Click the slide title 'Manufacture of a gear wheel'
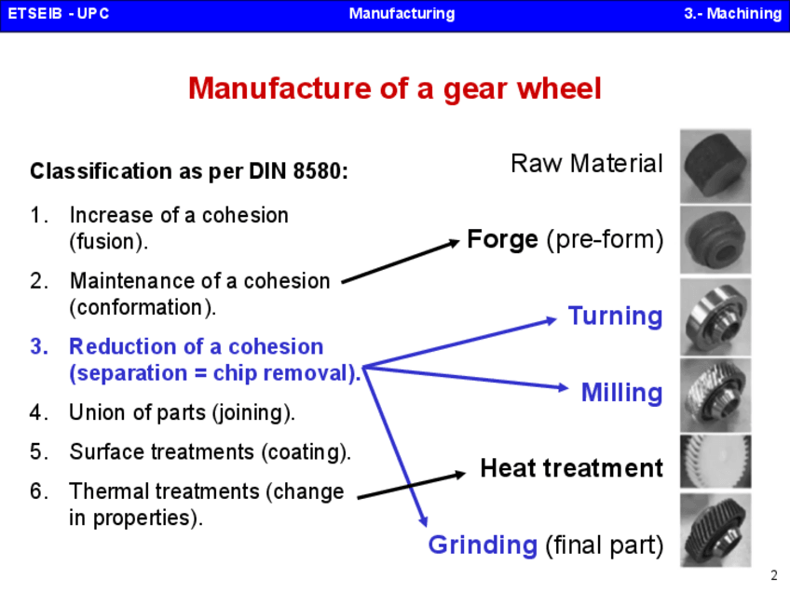(x=395, y=89)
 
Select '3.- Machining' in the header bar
(x=731, y=14)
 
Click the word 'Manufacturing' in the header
(x=402, y=14)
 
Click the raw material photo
(x=715, y=164)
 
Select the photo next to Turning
(x=715, y=316)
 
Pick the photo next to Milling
(x=715, y=393)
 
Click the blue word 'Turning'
(x=616, y=316)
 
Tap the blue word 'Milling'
(x=621, y=393)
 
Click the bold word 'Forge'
(x=502, y=240)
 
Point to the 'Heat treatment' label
(x=571, y=467)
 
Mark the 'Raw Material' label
(x=587, y=165)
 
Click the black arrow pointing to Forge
(x=401, y=262)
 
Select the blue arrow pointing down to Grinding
(x=396, y=447)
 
